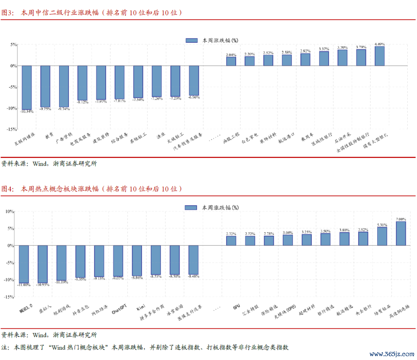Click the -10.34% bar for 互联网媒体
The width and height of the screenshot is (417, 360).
point(27,87)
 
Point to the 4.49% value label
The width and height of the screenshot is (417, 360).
point(380,44)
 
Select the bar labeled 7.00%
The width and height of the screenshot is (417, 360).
point(401,233)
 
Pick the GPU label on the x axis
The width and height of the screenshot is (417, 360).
point(236,308)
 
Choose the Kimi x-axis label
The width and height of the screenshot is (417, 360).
point(141,308)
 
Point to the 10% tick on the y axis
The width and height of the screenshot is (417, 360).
point(9,212)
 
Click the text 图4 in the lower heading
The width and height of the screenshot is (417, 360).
point(8,189)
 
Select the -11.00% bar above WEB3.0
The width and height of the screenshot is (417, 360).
point(24,264)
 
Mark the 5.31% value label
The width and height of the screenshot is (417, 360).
point(382,225)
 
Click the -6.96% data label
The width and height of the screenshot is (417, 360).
point(194,97)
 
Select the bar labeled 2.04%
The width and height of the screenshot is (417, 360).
point(231,61)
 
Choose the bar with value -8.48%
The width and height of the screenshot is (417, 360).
point(193,260)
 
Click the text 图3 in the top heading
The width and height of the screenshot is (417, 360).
point(8,12)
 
